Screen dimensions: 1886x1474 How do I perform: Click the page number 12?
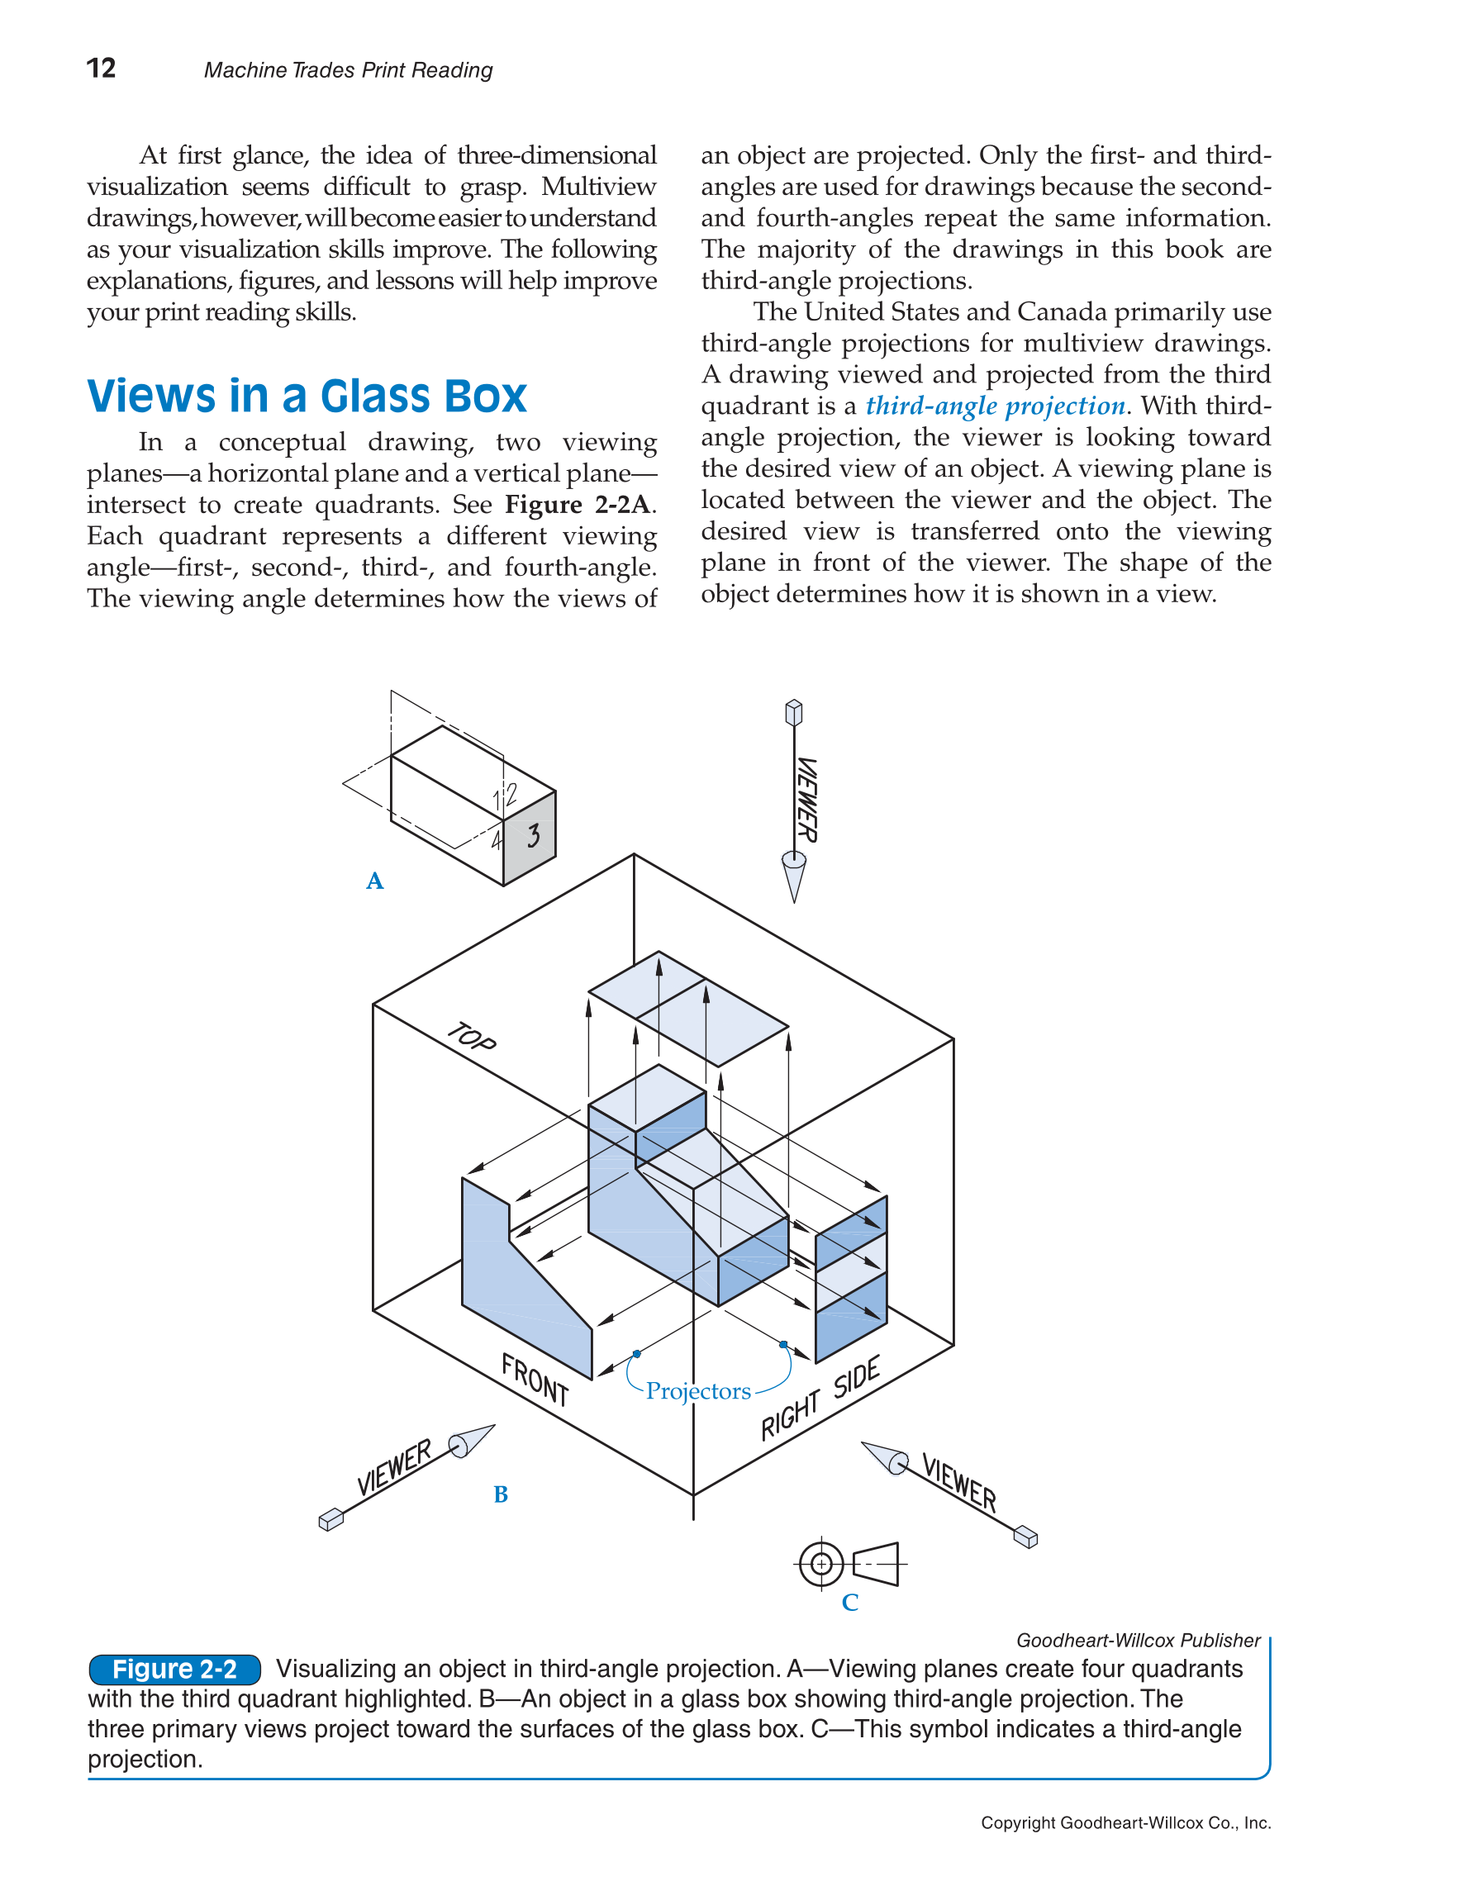(x=101, y=69)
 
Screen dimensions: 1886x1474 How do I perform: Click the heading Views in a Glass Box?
(x=307, y=397)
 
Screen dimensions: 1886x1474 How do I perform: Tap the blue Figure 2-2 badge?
(x=174, y=1670)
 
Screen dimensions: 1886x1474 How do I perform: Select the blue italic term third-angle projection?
(x=995, y=406)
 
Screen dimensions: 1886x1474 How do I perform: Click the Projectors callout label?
(x=697, y=1391)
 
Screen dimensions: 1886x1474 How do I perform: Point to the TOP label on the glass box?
(x=472, y=1036)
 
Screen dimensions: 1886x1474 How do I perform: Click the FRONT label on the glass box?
(x=535, y=1379)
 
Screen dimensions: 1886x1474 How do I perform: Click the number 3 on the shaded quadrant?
(x=534, y=835)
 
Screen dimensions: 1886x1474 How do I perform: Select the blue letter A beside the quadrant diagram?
(x=375, y=881)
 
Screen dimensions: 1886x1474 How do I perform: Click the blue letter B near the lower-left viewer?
(x=501, y=1494)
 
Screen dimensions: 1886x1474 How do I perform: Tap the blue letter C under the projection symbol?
(x=849, y=1603)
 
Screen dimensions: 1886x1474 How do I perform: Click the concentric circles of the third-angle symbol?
(x=822, y=1564)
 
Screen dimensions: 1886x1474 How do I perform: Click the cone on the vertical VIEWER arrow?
(x=793, y=876)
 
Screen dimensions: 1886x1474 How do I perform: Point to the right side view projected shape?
(x=851, y=1278)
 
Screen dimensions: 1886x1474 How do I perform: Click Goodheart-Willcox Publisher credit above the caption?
(x=1137, y=1640)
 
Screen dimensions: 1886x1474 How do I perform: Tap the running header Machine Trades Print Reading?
(x=348, y=70)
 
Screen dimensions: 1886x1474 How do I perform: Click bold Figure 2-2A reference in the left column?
(x=579, y=504)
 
